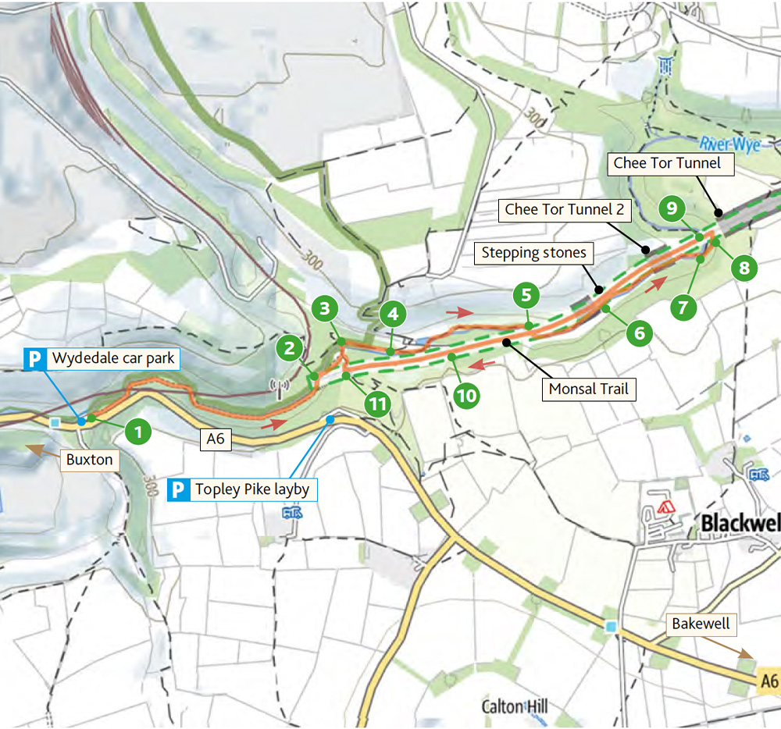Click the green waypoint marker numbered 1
pyautogui.click(x=138, y=431)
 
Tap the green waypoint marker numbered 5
pyautogui.click(x=526, y=295)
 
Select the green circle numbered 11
pyautogui.click(x=377, y=404)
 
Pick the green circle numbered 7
pyautogui.click(x=683, y=307)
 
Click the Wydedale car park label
pyautogui.click(x=112, y=359)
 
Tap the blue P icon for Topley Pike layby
pyautogui.click(x=179, y=490)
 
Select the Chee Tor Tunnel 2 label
pyautogui.click(x=557, y=209)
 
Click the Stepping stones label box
pyautogui.click(x=533, y=253)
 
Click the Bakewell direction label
pyautogui.click(x=702, y=624)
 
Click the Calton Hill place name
pyautogui.click(x=515, y=707)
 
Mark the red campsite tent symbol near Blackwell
pyautogui.click(x=666, y=507)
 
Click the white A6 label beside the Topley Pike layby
pyautogui.click(x=216, y=439)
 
